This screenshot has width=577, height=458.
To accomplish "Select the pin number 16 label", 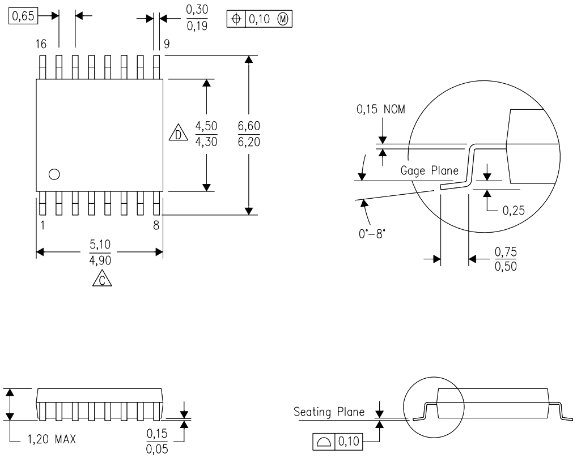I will click(x=40, y=44).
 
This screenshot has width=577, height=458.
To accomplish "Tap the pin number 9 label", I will click(x=167, y=44).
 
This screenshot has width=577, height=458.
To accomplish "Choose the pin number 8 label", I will click(x=156, y=225).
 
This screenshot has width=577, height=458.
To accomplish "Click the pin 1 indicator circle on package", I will click(x=54, y=174).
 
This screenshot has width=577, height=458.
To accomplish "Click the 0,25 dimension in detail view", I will click(x=514, y=211).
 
